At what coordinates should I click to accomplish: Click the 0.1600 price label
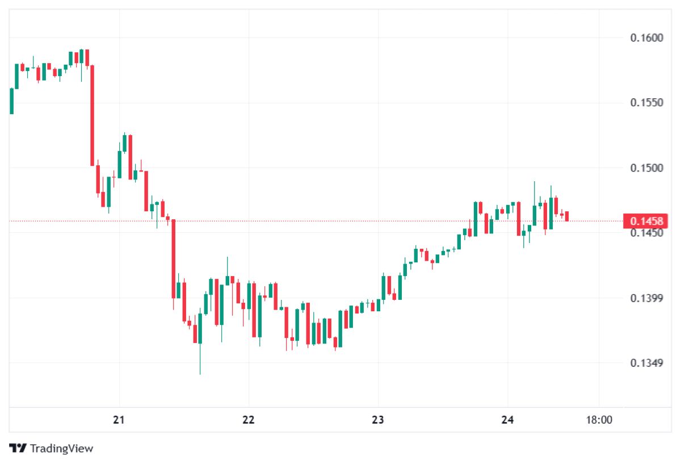(646, 38)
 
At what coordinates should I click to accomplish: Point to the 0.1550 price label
(646, 103)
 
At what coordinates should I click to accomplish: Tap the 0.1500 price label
(646, 168)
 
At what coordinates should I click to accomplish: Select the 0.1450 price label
(646, 233)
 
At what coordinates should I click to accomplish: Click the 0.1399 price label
(646, 298)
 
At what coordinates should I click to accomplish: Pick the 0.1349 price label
(646, 363)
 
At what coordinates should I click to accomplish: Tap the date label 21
(119, 420)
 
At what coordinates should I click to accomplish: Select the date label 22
(249, 420)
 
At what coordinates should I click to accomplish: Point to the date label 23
(378, 420)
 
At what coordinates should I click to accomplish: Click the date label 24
(508, 420)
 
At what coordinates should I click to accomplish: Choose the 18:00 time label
(599, 420)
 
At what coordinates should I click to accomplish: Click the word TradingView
(61, 449)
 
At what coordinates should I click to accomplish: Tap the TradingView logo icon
(18, 448)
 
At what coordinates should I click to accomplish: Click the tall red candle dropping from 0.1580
(92, 115)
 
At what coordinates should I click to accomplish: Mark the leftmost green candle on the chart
(11, 101)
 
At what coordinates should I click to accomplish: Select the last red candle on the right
(566, 216)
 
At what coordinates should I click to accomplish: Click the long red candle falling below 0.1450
(174, 258)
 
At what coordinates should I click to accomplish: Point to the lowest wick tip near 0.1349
(200, 374)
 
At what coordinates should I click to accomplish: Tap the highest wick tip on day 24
(534, 182)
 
